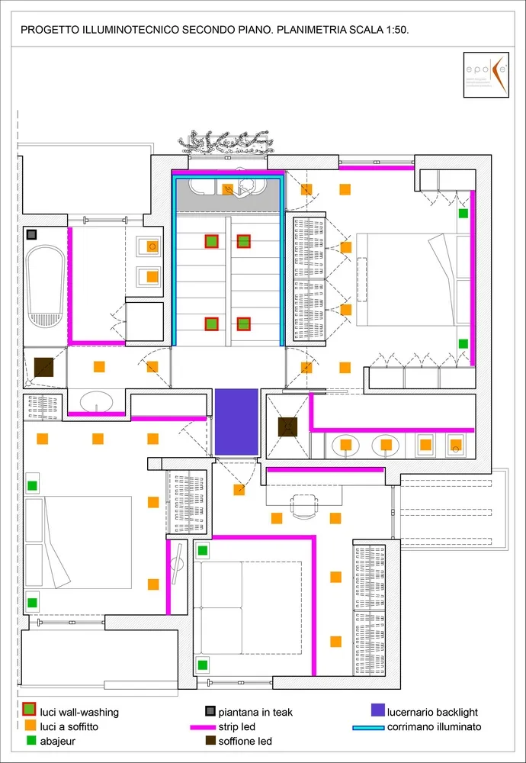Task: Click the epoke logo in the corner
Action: click(489, 75)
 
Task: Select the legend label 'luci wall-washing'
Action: click(79, 713)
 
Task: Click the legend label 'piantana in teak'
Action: click(255, 713)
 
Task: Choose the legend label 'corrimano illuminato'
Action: click(434, 727)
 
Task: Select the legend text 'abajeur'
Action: click(57, 741)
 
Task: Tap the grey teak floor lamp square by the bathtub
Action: click(32, 234)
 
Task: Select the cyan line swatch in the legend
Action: click(368, 727)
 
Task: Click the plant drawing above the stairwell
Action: click(225, 140)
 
